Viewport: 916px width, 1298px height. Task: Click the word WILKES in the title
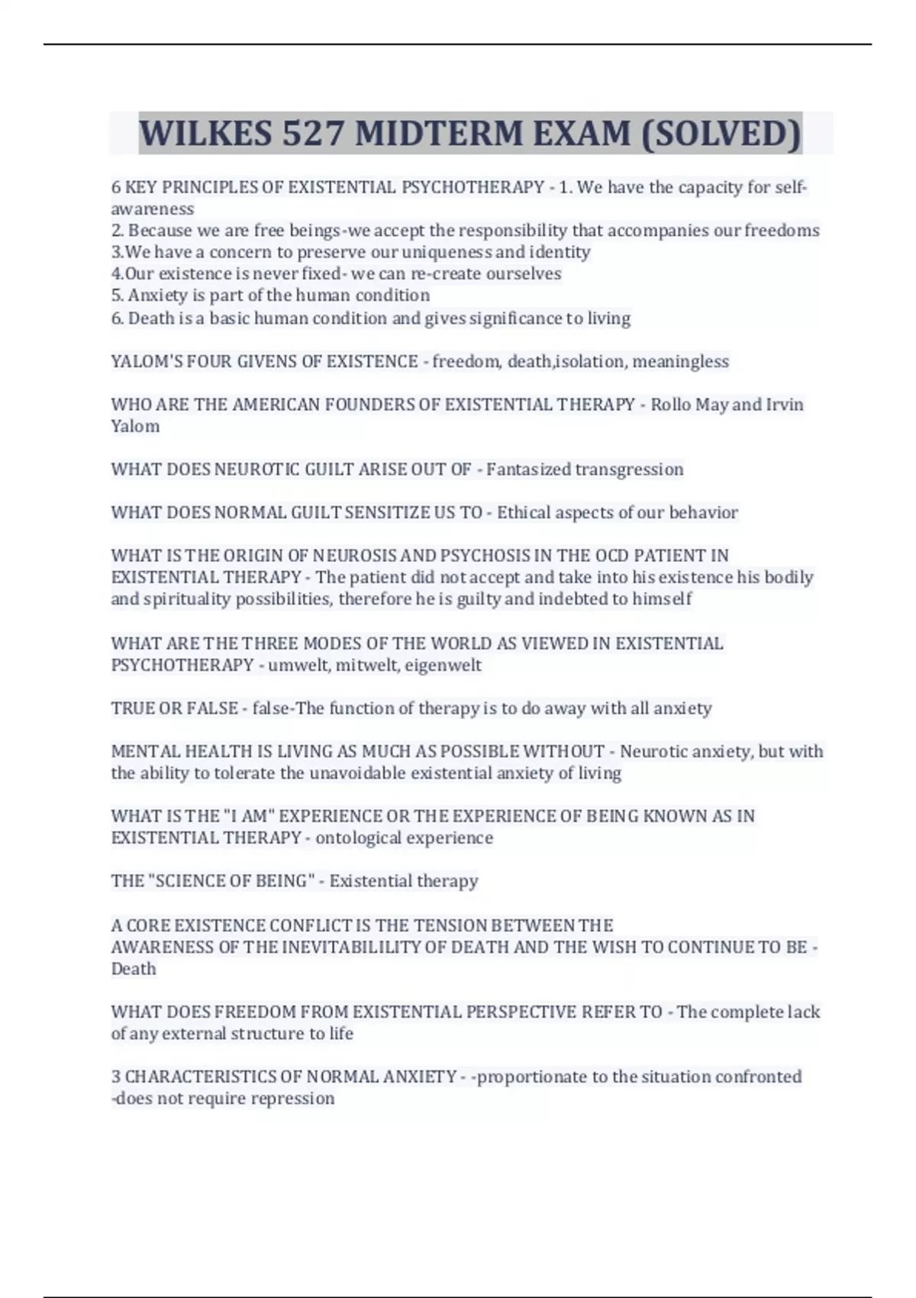click(x=205, y=134)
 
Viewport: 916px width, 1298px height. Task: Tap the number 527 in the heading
click(x=312, y=134)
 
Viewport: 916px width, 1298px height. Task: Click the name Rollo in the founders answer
click(x=670, y=405)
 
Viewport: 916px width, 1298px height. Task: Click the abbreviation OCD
click(x=611, y=556)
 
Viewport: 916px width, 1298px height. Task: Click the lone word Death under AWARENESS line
click(x=134, y=969)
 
